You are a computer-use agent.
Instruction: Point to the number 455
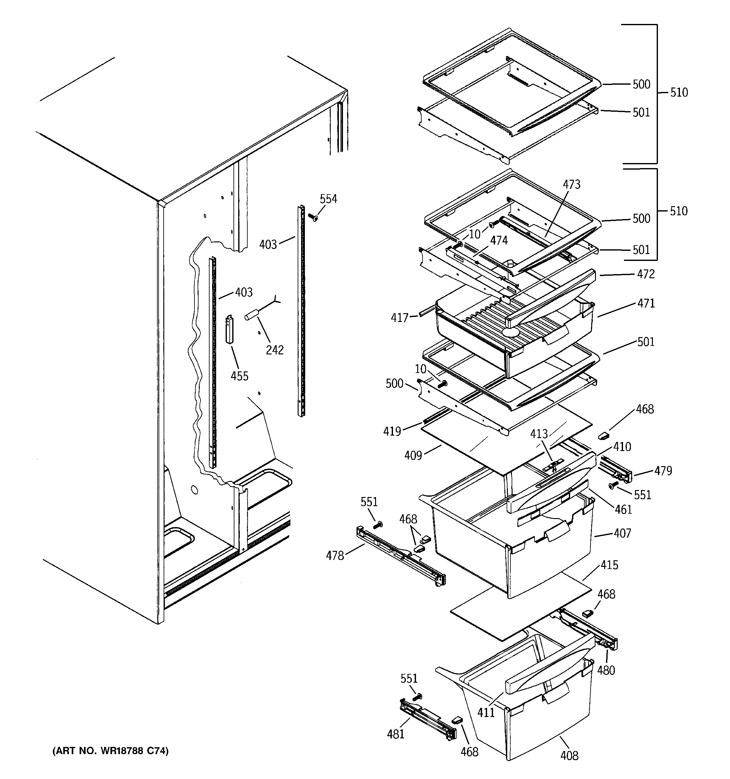(239, 376)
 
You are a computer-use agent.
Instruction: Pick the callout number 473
(571, 184)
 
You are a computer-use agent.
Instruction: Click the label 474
(499, 240)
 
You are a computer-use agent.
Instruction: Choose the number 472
(646, 274)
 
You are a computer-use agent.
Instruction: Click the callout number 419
(392, 432)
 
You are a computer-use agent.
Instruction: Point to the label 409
(413, 455)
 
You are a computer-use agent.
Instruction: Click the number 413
(539, 434)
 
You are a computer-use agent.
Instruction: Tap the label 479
(663, 471)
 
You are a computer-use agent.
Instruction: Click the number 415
(609, 565)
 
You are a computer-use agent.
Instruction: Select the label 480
(606, 670)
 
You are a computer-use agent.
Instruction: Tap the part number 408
(569, 755)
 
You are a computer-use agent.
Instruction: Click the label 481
(396, 734)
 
